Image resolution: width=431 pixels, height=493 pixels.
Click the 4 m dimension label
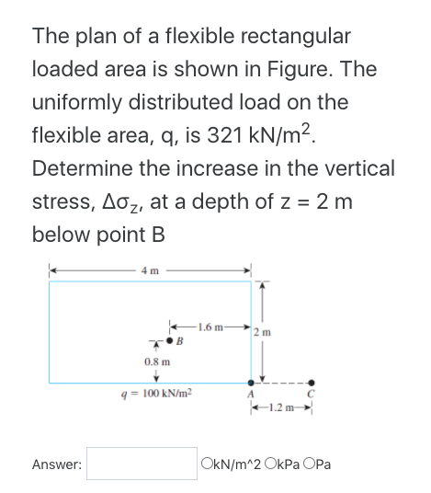[151, 269]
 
